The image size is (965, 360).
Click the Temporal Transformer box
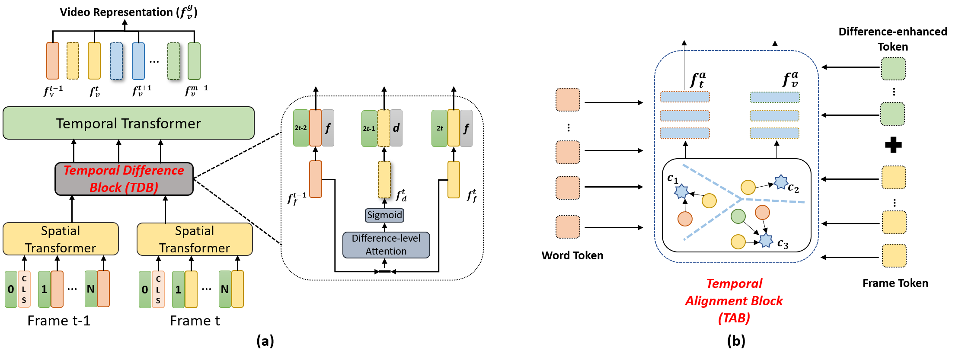128,123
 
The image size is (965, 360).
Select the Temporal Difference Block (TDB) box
124,179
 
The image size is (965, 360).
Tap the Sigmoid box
384,215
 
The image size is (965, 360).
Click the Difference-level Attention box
386,245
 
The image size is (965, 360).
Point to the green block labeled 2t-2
301,128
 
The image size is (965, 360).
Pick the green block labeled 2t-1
369,128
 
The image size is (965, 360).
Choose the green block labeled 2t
439,128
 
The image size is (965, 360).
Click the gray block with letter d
396,128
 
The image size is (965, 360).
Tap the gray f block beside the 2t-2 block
328,128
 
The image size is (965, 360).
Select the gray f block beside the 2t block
466,128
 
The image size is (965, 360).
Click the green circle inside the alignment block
738,216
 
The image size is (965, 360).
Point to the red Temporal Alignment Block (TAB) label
734,301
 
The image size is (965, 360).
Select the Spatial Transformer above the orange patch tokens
61,239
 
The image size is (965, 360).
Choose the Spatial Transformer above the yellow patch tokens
195,239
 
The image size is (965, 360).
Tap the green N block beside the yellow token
225,289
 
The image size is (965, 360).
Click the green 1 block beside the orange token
44,289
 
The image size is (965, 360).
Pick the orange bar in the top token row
53,61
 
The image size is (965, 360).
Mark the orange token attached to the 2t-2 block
316,128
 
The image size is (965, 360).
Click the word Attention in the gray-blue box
386,251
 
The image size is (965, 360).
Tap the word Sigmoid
384,215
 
